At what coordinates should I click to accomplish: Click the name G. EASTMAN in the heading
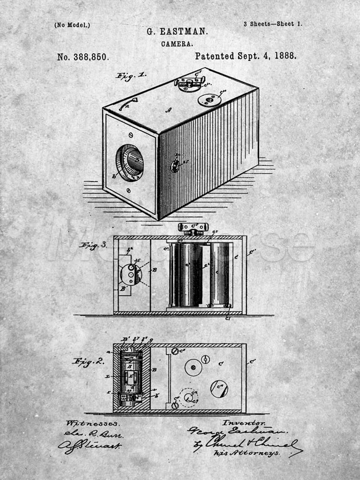pyautogui.click(x=177, y=32)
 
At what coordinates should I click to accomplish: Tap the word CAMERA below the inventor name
pyautogui.click(x=177, y=44)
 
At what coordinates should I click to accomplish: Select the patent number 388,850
pyautogui.click(x=83, y=57)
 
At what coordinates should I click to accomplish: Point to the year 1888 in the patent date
pyautogui.click(x=285, y=56)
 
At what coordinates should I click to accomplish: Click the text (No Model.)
pyautogui.click(x=72, y=25)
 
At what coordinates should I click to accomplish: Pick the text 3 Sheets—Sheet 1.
pyautogui.click(x=272, y=24)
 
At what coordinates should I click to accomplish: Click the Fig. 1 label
pyautogui.click(x=131, y=76)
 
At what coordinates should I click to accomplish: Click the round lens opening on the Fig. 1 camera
pyautogui.click(x=130, y=163)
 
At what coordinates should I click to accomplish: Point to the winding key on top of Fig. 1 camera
pyautogui.click(x=190, y=82)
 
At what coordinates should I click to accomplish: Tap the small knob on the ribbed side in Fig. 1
pyautogui.click(x=175, y=165)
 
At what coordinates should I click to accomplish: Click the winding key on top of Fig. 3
pyautogui.click(x=192, y=228)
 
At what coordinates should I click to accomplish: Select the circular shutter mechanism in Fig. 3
pyautogui.click(x=131, y=274)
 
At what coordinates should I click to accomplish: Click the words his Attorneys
pyautogui.click(x=247, y=453)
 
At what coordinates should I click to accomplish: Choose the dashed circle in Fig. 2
pyautogui.click(x=189, y=397)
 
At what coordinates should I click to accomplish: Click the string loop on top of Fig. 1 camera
pyautogui.click(x=127, y=104)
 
